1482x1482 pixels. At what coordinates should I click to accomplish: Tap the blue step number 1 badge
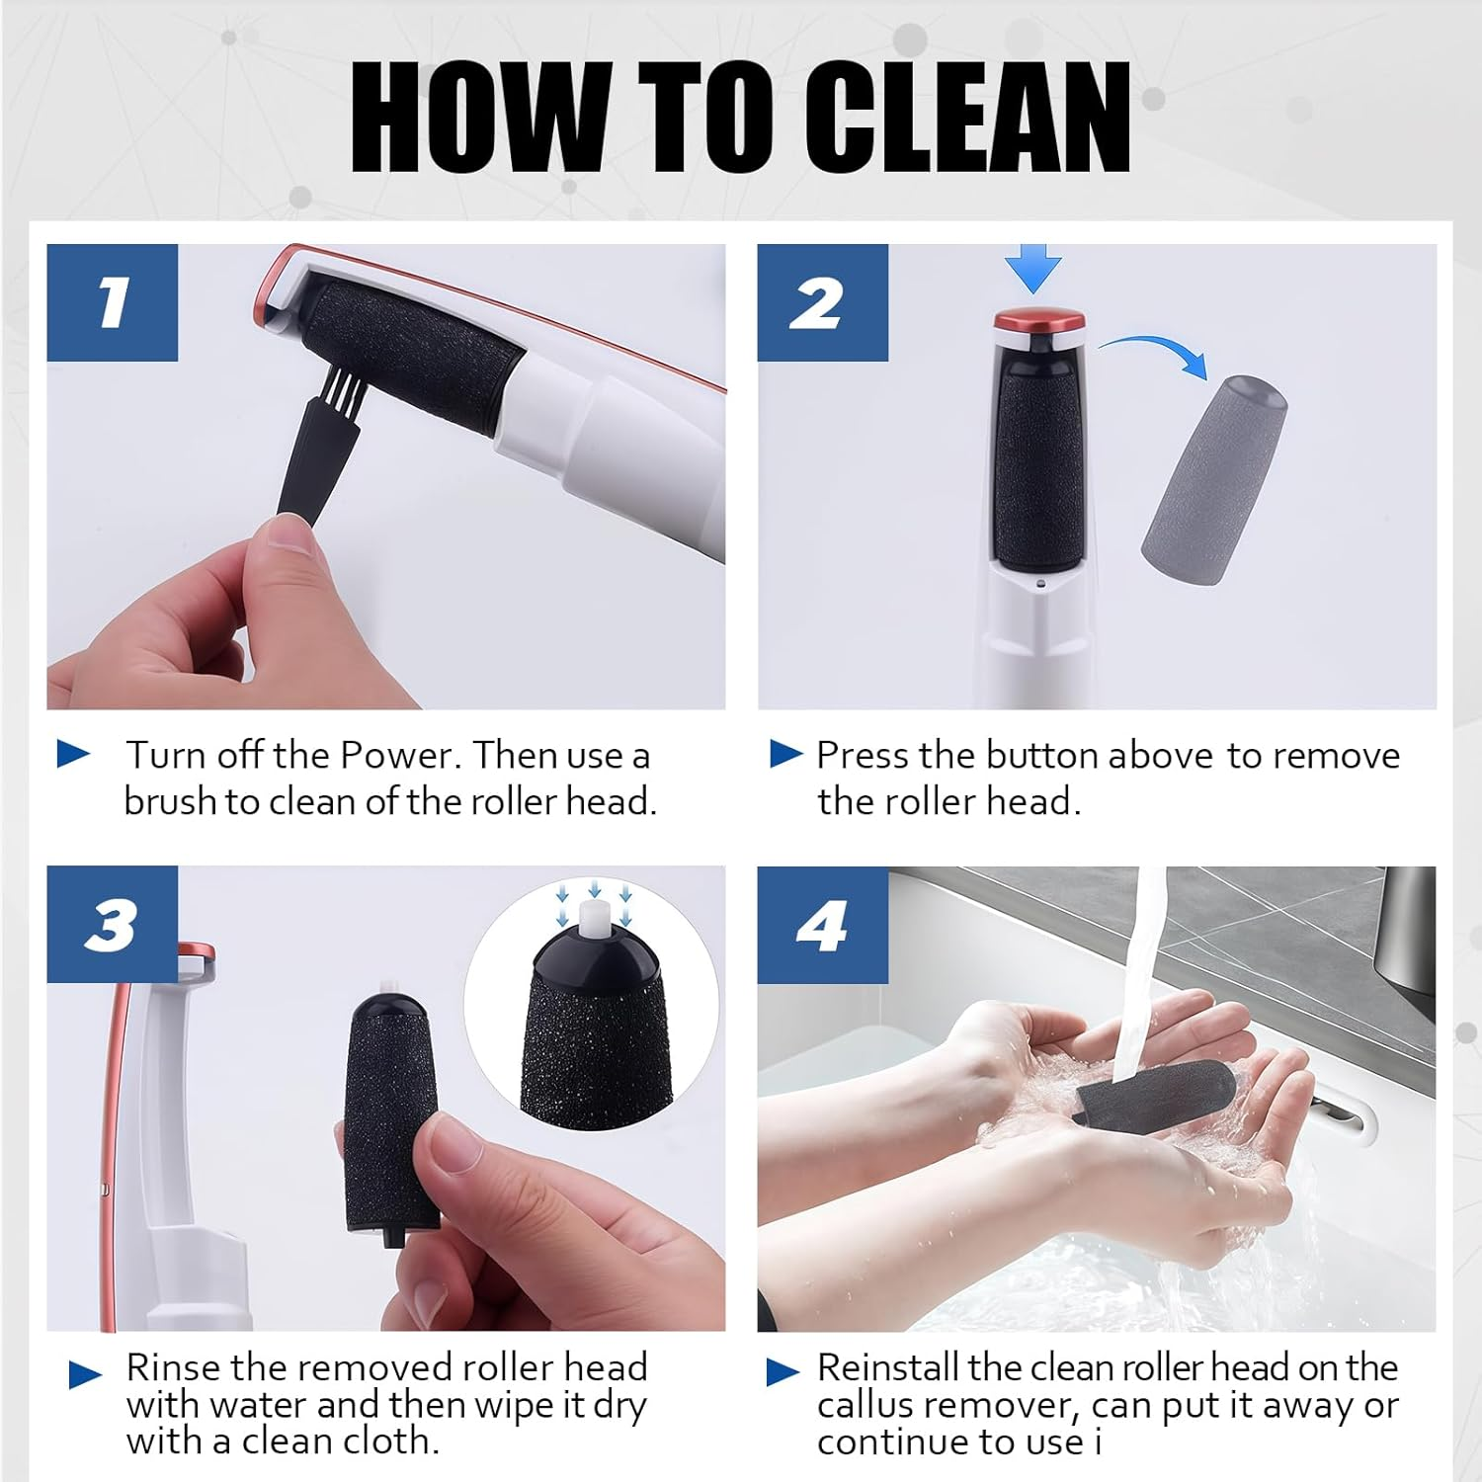point(113,302)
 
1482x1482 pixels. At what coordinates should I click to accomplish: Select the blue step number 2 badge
point(823,302)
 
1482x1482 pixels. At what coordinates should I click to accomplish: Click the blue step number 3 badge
point(113,925)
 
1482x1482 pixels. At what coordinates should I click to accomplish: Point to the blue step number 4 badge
point(823,925)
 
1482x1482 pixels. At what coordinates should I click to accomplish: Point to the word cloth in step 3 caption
point(389,1441)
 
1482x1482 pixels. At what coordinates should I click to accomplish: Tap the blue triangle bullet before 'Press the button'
point(786,755)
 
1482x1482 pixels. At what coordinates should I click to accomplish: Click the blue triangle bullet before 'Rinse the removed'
point(86,1373)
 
